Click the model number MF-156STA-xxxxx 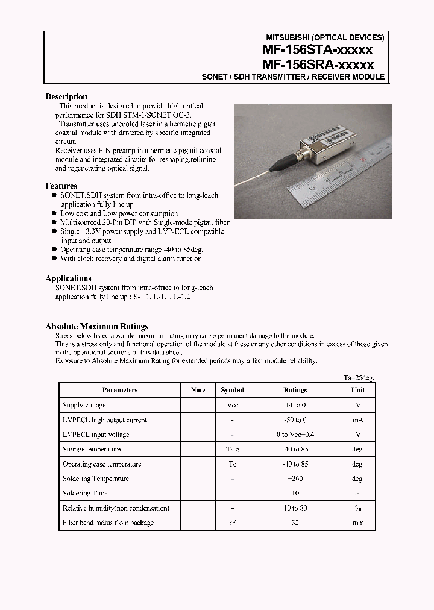(318, 50)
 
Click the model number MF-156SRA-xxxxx (318, 64)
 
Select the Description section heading (66, 96)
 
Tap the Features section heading (61, 186)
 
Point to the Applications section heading (69, 278)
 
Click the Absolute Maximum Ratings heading (97, 326)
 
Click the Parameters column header (120, 390)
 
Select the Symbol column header (232, 390)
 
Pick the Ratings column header (295, 390)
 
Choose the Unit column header (358, 390)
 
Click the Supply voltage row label (84, 405)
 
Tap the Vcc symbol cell (232, 405)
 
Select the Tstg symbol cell (232, 450)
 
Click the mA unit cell (358, 420)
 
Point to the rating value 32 (295, 523)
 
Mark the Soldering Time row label (86, 493)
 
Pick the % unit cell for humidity (358, 508)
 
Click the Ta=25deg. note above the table (359, 377)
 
